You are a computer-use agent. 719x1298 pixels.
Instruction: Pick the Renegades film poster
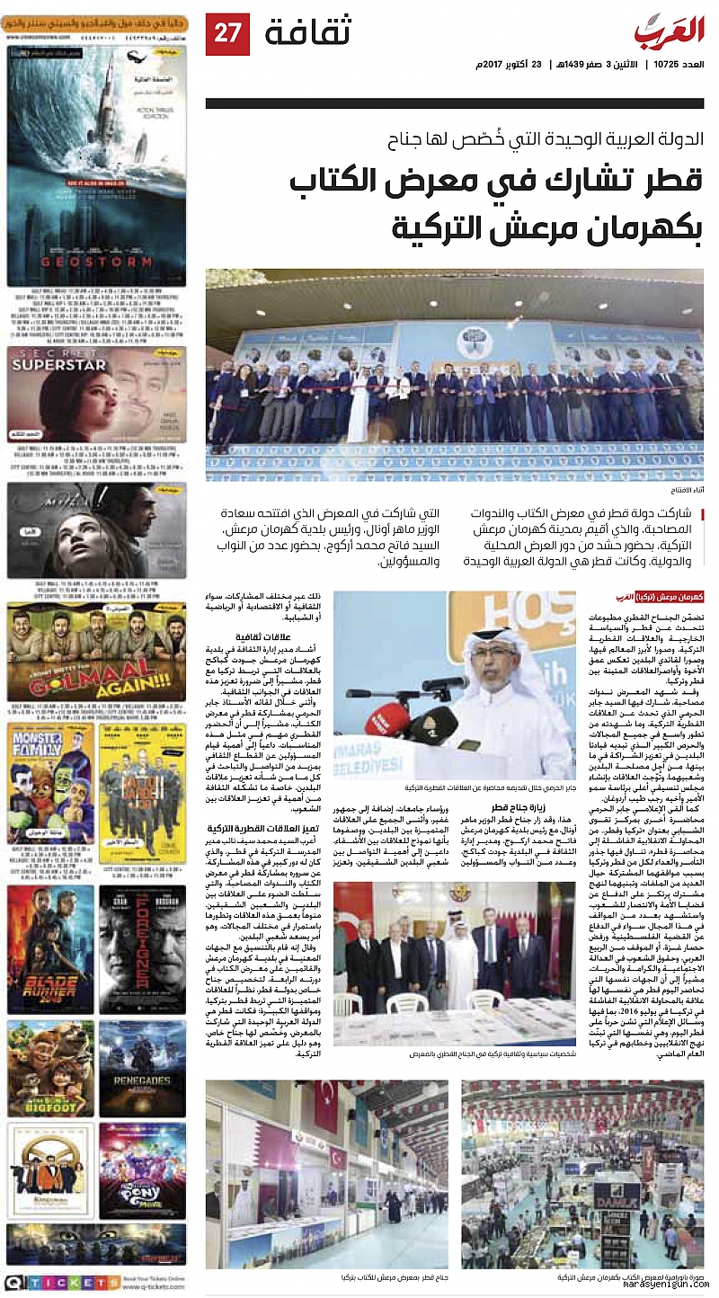[x=142, y=1067]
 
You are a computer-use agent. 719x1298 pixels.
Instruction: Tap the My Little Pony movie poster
[x=142, y=1169]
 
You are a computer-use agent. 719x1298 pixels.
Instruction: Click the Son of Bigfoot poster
[x=50, y=1067]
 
